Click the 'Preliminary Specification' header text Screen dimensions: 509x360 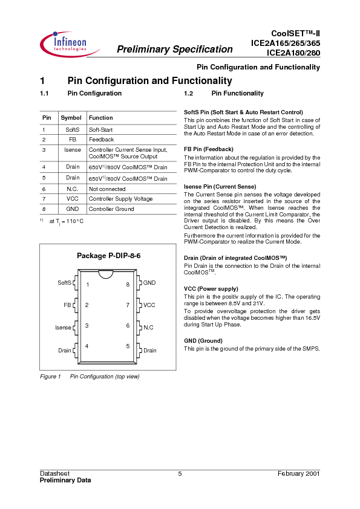[174, 50]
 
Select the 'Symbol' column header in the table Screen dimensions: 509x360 [71, 118]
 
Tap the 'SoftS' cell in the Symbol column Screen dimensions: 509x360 [72, 130]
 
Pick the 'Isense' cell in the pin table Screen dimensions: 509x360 [72, 149]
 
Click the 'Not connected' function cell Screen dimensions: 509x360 [107, 189]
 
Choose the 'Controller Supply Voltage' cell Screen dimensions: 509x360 [120, 199]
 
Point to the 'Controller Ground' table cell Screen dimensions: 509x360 [111, 209]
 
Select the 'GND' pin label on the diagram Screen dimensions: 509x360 [149, 283]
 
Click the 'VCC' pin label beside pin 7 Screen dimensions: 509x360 [149, 305]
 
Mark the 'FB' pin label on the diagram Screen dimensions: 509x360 [67, 305]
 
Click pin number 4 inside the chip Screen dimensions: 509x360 [87, 346]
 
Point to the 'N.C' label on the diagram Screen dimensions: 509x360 [148, 328]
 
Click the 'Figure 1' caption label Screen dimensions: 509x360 [50, 377]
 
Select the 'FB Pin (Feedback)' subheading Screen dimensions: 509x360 [208, 149]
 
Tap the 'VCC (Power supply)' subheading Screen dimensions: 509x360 [211, 289]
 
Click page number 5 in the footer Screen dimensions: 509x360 [180, 473]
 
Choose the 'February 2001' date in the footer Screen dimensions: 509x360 [299, 473]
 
